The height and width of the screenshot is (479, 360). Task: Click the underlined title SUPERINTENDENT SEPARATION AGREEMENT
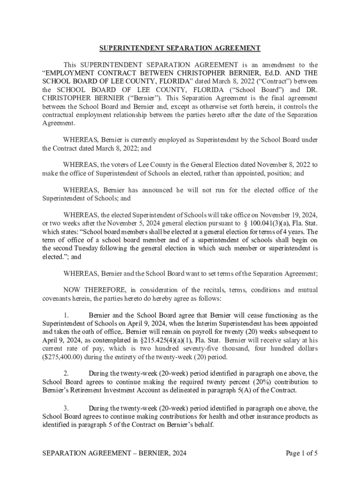(180, 48)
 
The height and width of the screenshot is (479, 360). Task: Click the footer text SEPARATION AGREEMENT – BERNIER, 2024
(114, 453)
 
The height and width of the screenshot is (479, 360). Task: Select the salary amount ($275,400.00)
(63, 357)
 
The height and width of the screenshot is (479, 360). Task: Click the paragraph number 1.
(66, 315)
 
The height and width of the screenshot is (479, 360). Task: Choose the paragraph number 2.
(66, 373)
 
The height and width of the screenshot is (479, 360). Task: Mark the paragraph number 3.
(66, 408)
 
